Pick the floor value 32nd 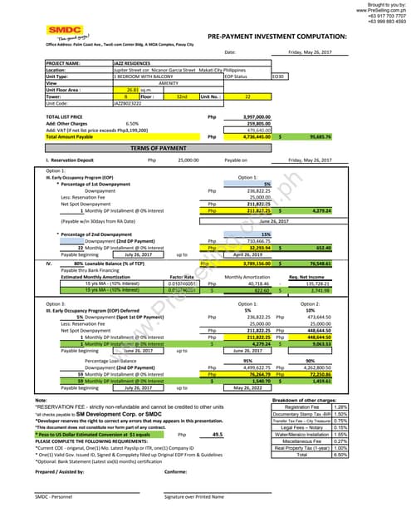point(182,96)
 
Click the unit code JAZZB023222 point(130,103)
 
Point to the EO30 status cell point(278,76)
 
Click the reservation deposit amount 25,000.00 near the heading point(165,159)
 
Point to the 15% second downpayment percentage point(267,234)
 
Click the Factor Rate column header point(182,276)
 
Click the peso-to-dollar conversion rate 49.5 point(218,434)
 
